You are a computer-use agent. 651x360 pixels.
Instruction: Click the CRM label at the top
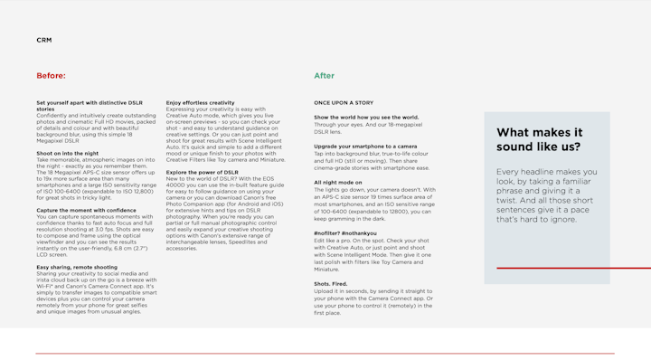pos(43,40)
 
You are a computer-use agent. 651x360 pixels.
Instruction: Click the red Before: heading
pos(51,76)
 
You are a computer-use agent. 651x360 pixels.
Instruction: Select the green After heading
pos(324,76)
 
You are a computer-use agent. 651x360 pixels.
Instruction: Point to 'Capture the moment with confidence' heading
pos(86,211)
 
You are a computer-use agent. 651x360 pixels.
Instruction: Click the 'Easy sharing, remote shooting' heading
pos(77,268)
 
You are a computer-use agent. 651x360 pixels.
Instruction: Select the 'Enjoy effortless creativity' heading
pos(200,103)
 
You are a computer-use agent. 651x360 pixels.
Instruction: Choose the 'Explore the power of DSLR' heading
pos(202,173)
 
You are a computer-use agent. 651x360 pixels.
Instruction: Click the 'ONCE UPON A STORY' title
pos(344,103)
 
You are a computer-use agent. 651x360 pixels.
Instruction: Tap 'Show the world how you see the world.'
pos(366,118)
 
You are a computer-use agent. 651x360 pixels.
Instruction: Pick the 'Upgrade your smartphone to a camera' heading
pos(365,147)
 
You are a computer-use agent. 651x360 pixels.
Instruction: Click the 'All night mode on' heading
pos(338,183)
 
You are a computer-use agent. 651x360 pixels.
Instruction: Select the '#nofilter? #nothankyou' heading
pos(345,233)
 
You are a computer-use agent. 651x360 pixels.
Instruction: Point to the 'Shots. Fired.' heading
pos(331,284)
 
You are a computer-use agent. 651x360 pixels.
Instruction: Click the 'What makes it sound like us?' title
pos(539,139)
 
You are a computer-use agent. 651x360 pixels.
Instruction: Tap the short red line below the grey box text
pos(572,268)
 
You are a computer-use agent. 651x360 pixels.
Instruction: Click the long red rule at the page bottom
pos(325,353)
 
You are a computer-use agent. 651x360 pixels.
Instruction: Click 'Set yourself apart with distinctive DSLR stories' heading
pos(89,106)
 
